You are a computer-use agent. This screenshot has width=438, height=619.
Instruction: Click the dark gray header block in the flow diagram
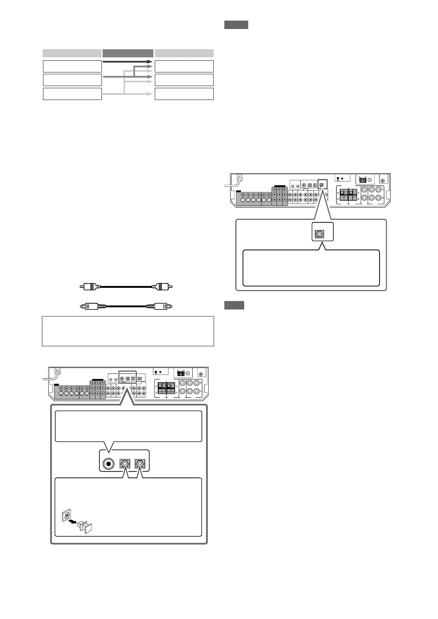pyautogui.click(x=128, y=53)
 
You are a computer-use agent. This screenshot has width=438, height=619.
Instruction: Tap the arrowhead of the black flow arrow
pyautogui.click(x=150, y=62)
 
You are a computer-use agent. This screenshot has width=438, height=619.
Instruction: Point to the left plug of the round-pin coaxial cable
pyautogui.click(x=88, y=286)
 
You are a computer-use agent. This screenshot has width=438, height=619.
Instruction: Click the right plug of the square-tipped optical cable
pyautogui.click(x=163, y=306)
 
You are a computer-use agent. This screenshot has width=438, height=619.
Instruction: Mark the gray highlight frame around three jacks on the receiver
pyautogui.click(x=127, y=378)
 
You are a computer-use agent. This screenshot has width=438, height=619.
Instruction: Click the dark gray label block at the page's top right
pyautogui.click(x=236, y=25)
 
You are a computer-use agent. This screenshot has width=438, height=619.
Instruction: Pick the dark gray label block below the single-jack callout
pyautogui.click(x=234, y=305)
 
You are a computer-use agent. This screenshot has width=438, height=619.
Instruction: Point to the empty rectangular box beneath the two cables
pyautogui.click(x=128, y=331)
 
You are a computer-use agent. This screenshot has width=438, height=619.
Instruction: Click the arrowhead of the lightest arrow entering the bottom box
pyautogui.click(x=150, y=94)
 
